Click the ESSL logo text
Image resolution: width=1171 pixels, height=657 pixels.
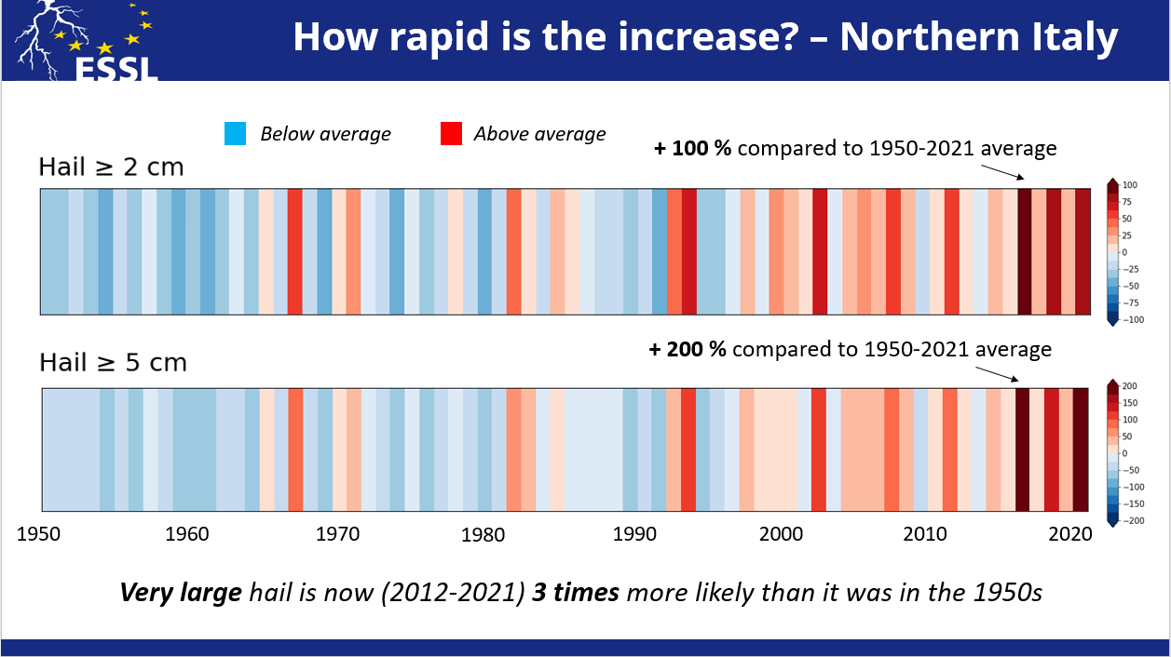[x=116, y=69]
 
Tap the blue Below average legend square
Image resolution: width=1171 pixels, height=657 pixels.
[x=236, y=133]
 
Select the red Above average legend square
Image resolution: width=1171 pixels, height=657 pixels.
[x=451, y=133]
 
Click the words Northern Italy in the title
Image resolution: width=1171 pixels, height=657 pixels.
[x=978, y=36]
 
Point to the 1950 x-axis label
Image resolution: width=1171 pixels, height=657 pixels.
[x=39, y=534]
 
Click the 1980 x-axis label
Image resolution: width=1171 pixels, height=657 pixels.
[x=483, y=534]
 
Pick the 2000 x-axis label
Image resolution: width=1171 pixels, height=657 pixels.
[x=781, y=534]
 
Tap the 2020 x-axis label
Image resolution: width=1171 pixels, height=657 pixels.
[x=1070, y=534]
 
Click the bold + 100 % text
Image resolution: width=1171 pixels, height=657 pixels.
[x=693, y=148]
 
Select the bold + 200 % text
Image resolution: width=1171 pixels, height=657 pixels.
[x=688, y=349]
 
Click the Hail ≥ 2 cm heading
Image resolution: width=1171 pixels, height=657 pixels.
[x=111, y=168]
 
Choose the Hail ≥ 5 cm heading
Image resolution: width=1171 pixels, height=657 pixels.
[x=113, y=362]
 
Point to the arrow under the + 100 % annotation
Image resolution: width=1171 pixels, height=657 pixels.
[x=1002, y=172]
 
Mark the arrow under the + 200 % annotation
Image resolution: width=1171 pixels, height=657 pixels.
[x=998, y=374]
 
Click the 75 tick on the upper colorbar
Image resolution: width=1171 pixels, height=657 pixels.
[x=1126, y=202]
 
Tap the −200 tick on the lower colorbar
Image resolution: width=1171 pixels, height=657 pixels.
[x=1132, y=521]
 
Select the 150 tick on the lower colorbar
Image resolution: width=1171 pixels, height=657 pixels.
[x=1130, y=403]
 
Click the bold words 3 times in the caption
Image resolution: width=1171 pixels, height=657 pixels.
[x=575, y=592]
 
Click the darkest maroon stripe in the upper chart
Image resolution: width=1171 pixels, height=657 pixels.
[x=1024, y=252]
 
